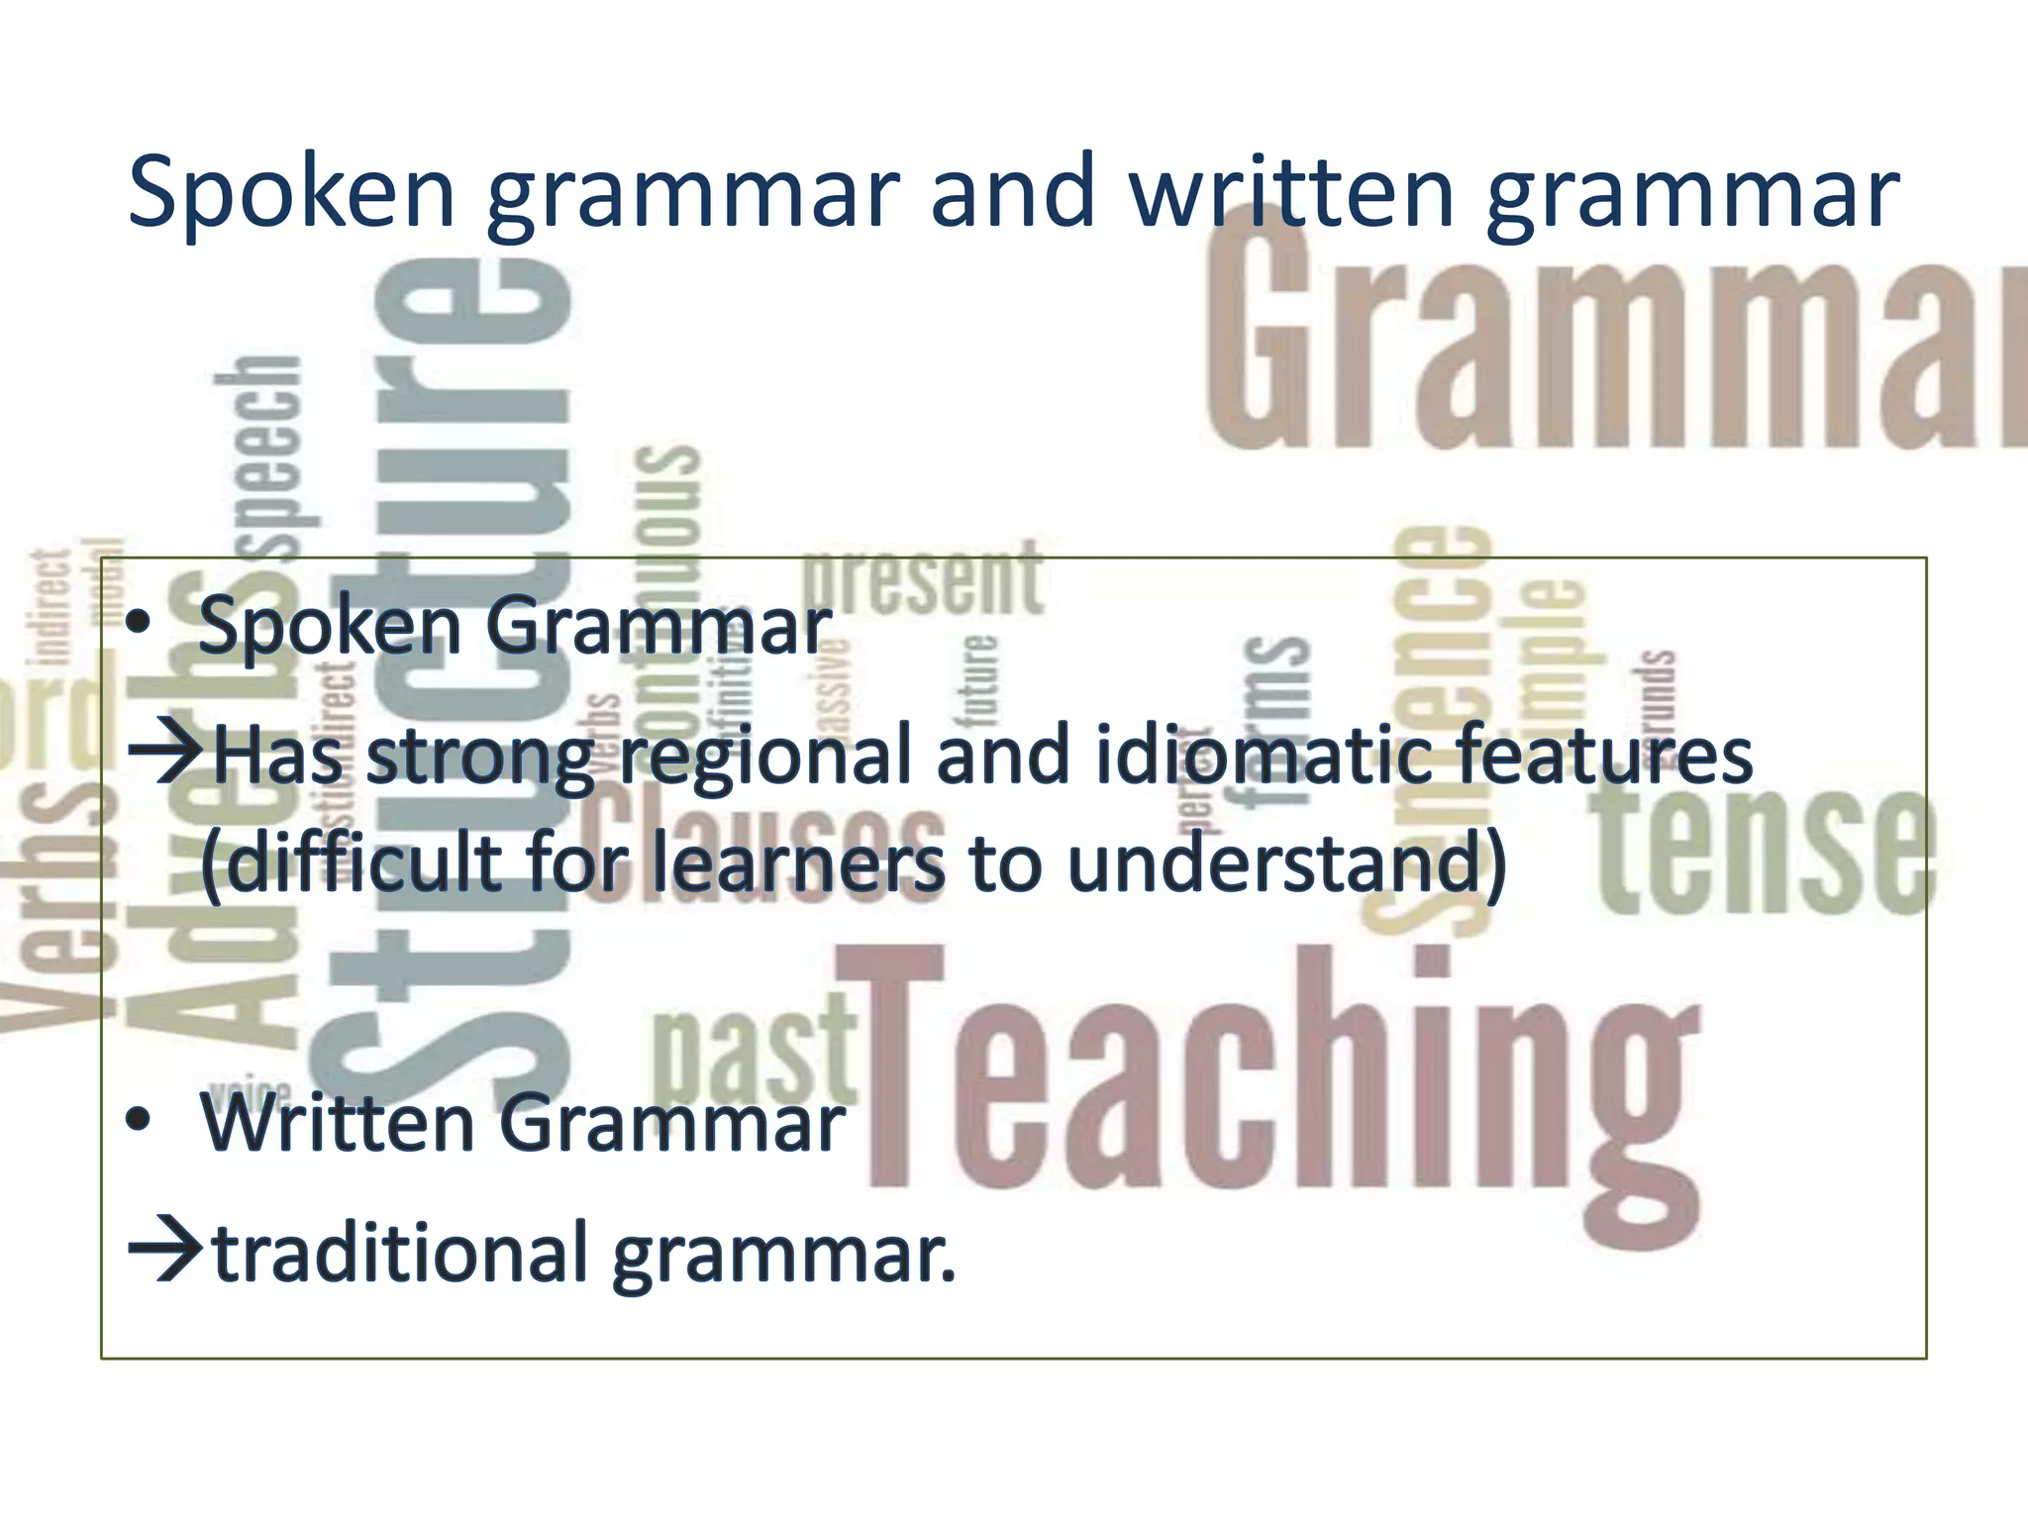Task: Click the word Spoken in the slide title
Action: pyautogui.click(x=291, y=193)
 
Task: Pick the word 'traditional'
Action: pyautogui.click(x=402, y=1252)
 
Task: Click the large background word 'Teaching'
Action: pyautogui.click(x=1277, y=1079)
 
